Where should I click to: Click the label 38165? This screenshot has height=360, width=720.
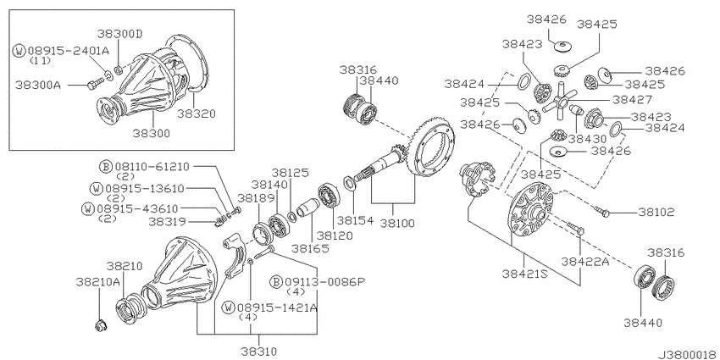click(x=307, y=249)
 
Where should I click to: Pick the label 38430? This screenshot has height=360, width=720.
click(x=587, y=138)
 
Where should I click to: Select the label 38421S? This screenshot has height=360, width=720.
click(x=523, y=275)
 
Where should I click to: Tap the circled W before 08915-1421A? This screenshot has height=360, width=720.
click(x=229, y=307)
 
